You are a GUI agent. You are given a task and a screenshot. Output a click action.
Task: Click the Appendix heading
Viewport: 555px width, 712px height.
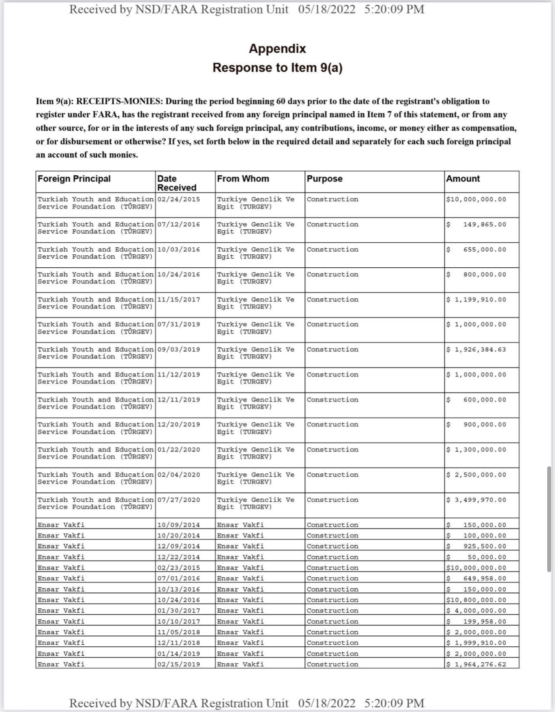tap(277, 49)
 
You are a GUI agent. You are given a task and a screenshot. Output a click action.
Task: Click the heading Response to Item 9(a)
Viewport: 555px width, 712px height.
tap(277, 68)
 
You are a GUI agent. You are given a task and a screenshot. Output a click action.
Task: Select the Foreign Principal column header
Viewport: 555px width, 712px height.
tap(74, 179)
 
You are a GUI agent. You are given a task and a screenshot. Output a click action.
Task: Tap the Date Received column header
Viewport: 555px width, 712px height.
tap(176, 183)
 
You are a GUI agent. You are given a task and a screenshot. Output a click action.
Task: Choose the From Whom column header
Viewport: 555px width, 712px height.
tap(243, 179)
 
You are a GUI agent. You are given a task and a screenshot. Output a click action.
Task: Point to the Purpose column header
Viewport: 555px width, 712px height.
tap(325, 179)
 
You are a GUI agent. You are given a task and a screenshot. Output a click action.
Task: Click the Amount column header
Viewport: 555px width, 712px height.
tap(463, 179)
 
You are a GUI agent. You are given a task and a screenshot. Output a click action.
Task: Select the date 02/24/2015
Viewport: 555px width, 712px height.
tap(179, 199)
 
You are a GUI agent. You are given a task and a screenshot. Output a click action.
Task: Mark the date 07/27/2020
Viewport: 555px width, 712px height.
tap(179, 500)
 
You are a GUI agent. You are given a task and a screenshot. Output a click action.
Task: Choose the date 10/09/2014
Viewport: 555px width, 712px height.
tap(179, 525)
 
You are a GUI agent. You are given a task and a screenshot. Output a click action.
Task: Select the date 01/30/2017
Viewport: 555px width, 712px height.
tap(179, 611)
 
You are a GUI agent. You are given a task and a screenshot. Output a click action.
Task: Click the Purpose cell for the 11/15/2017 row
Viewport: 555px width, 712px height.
tap(332, 300)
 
